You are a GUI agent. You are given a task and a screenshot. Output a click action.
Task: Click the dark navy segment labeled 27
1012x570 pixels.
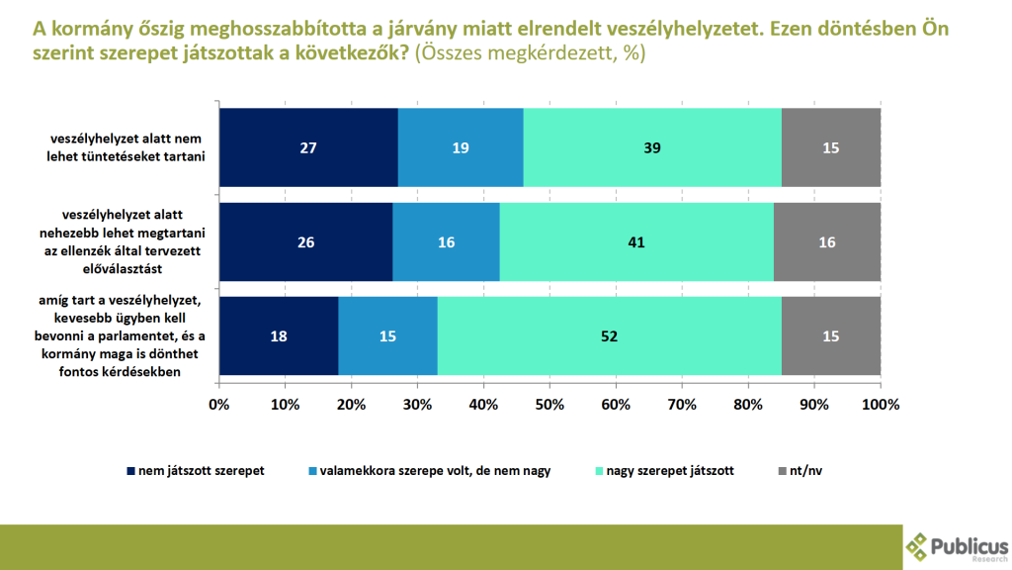(308, 147)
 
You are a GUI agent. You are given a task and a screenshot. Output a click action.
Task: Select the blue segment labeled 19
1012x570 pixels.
(461, 147)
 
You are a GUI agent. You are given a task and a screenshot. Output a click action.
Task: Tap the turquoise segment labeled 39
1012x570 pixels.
(652, 147)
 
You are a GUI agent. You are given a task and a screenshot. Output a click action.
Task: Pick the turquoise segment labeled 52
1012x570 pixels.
(609, 336)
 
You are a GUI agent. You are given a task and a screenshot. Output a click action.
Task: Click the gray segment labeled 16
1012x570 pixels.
(827, 241)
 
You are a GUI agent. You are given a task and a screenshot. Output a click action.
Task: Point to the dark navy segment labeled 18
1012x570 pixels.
(279, 336)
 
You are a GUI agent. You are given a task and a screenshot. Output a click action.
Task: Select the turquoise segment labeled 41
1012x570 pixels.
(636, 241)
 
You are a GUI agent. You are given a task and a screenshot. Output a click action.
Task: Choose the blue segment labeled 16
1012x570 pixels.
(446, 241)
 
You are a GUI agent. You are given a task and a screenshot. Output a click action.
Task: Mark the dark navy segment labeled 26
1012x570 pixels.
(306, 241)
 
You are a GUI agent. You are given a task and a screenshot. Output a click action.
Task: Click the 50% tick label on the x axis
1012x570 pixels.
(549, 405)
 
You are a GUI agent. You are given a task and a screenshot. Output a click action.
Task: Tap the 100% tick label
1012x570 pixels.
(881, 405)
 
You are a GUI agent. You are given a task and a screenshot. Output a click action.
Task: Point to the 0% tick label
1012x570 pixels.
(219, 405)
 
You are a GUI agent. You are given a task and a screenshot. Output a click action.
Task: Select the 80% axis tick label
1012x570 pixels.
(748, 405)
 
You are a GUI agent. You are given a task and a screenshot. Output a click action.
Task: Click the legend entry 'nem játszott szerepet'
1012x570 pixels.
(196, 471)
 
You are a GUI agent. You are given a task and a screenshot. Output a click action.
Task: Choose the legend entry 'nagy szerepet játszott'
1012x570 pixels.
(665, 471)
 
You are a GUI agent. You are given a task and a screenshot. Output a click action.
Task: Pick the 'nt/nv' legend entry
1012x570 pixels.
(801, 471)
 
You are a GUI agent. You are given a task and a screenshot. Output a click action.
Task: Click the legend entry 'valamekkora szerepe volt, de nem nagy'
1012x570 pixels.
(430, 471)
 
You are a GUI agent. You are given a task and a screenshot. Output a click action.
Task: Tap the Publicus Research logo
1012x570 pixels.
(957, 547)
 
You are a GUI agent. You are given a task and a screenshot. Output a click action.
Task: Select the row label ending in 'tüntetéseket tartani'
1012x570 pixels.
(126, 147)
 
